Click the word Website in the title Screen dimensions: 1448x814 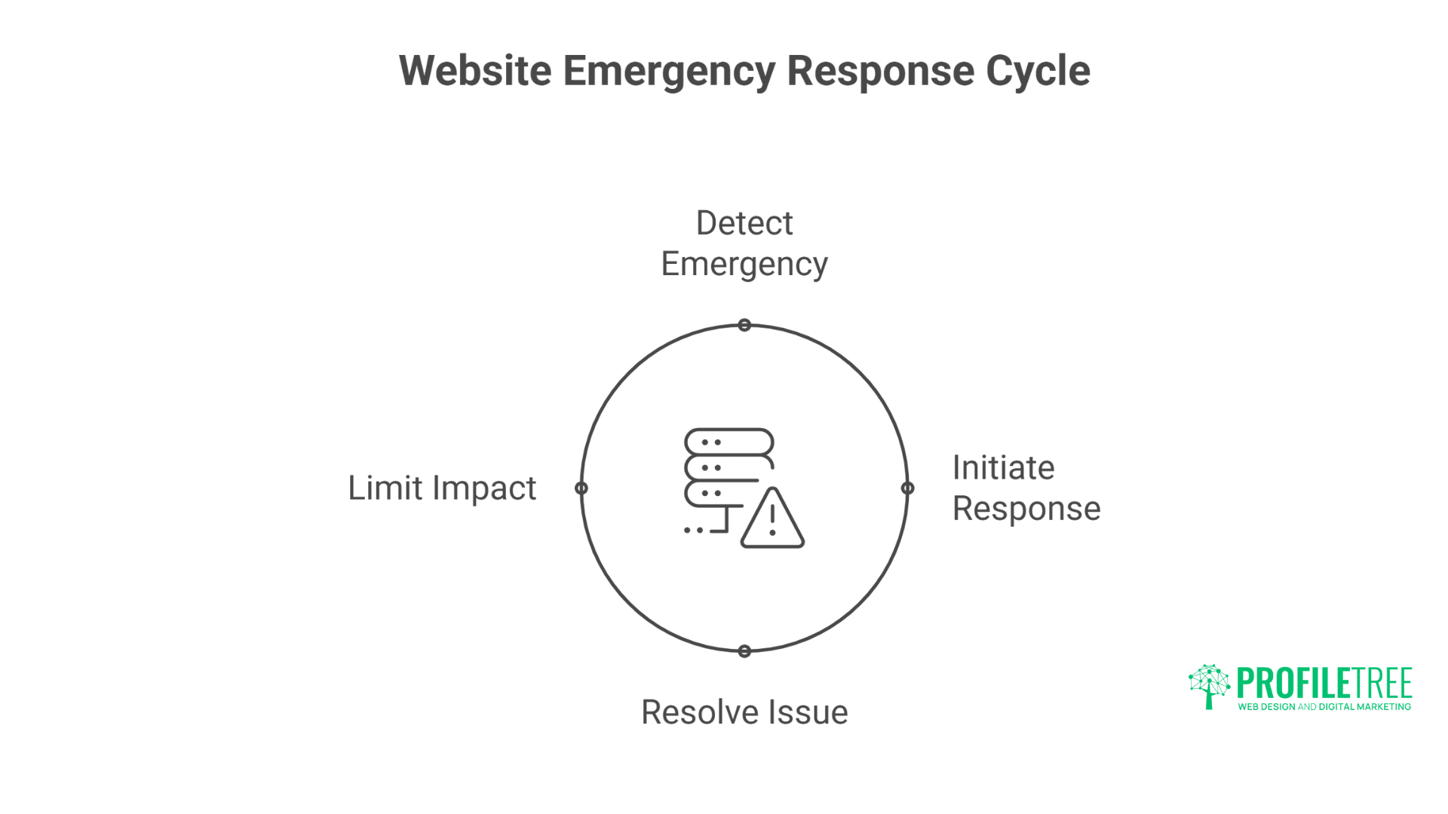coord(475,71)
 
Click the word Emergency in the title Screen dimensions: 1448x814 coord(669,71)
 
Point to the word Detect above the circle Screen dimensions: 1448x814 coord(744,223)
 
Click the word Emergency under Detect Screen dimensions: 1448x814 coord(744,265)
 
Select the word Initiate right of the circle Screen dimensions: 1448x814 coord(1003,468)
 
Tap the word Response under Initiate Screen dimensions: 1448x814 coord(1026,509)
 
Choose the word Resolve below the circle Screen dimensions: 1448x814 coord(699,712)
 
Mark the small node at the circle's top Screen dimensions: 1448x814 coord(744,325)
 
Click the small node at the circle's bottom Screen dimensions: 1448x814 coord(744,651)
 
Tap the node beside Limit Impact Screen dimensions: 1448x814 coord(581,488)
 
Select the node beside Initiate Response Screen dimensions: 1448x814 coord(908,488)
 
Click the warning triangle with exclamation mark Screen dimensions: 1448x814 coord(772,520)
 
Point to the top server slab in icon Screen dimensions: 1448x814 coord(729,442)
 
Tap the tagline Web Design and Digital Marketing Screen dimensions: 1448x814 coord(1324,707)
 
